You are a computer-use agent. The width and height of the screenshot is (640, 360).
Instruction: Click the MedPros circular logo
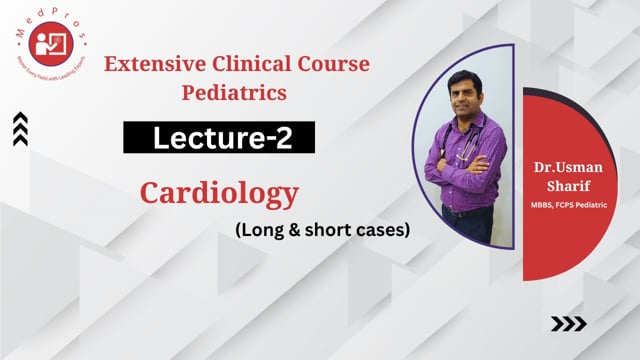pyautogui.click(x=48, y=47)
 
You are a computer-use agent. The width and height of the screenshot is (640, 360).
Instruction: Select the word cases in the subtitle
pyautogui.click(x=382, y=229)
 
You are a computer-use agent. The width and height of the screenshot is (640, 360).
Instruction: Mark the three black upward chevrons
pyautogui.click(x=21, y=129)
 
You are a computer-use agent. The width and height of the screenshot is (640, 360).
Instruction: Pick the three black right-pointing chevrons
pyautogui.click(x=569, y=323)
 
